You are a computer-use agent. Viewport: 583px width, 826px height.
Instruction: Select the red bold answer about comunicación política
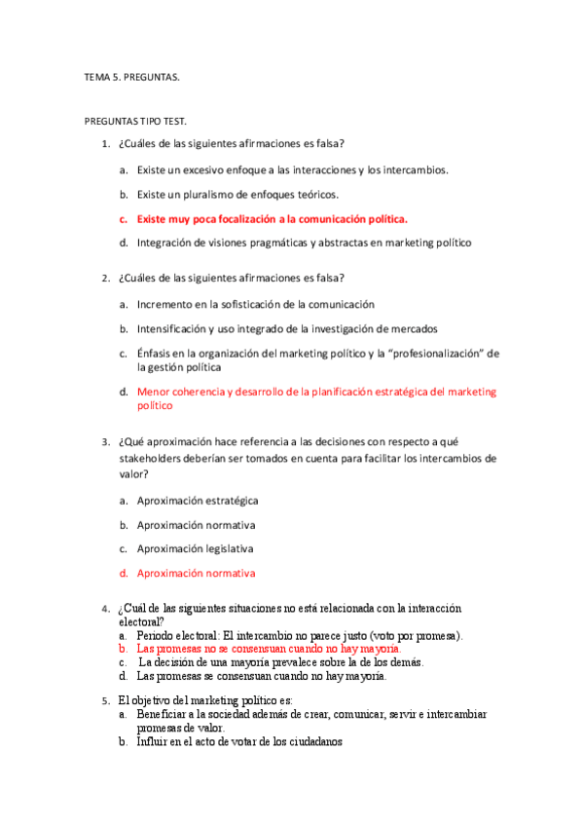272,219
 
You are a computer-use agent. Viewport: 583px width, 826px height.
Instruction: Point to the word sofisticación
258,305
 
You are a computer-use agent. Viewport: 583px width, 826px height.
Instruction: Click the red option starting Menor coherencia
316,392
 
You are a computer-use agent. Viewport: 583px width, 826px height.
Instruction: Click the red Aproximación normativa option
196,574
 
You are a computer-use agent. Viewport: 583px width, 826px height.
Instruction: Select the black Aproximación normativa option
196,525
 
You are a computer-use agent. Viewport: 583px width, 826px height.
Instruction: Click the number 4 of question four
105,610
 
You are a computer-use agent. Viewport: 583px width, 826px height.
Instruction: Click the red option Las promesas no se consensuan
269,648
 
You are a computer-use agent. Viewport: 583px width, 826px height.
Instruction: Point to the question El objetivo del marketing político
211,700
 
